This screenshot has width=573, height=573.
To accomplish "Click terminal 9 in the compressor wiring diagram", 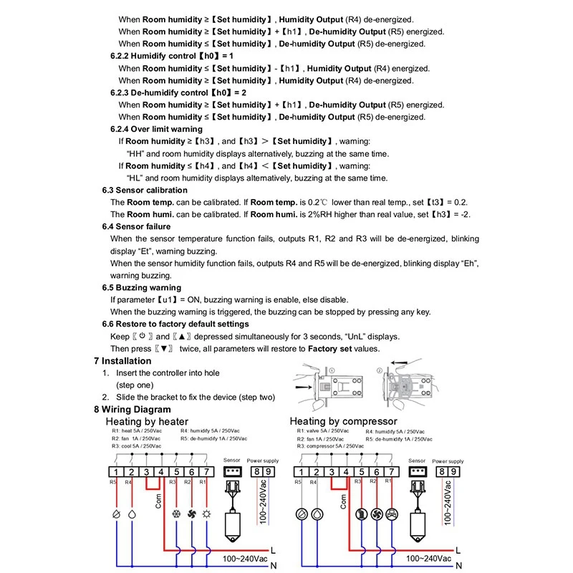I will coord(453,471).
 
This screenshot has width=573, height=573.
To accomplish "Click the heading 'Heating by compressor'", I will coord(343,421).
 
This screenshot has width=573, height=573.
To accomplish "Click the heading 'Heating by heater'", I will coord(147,421).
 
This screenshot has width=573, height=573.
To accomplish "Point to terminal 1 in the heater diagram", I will coord(115,472).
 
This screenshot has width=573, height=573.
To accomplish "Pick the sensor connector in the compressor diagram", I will coord(415,472).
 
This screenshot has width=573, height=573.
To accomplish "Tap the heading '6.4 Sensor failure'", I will coord(137,226).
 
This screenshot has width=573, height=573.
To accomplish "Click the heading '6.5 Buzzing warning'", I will coord(141,287).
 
